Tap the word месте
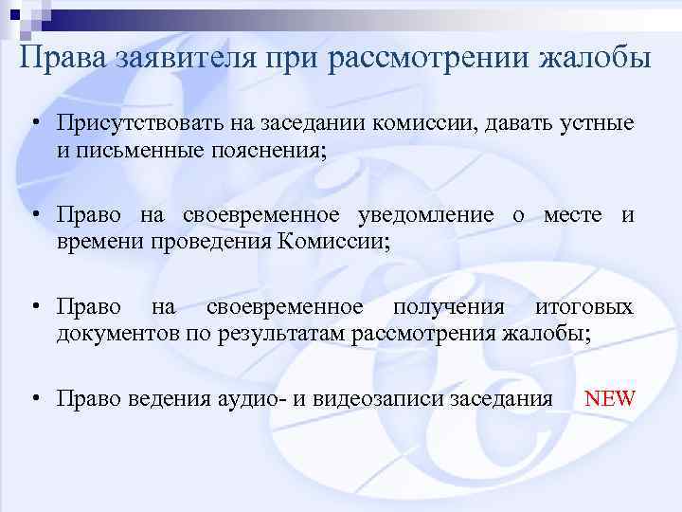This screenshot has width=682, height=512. (x=574, y=216)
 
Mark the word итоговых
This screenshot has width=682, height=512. (x=584, y=307)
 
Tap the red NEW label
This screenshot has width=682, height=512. (x=609, y=398)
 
